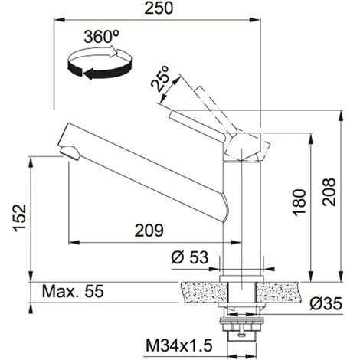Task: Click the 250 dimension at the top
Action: [x=159, y=8]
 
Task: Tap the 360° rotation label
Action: [x=102, y=37]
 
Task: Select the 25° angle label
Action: [x=159, y=78]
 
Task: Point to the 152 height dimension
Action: [x=20, y=218]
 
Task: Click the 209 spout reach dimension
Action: [x=149, y=231]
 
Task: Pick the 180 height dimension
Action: [x=299, y=202]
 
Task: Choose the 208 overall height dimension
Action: [x=329, y=192]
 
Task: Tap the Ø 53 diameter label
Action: [x=190, y=257]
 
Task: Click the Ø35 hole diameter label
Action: [x=326, y=303]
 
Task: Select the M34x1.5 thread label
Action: [x=179, y=345]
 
